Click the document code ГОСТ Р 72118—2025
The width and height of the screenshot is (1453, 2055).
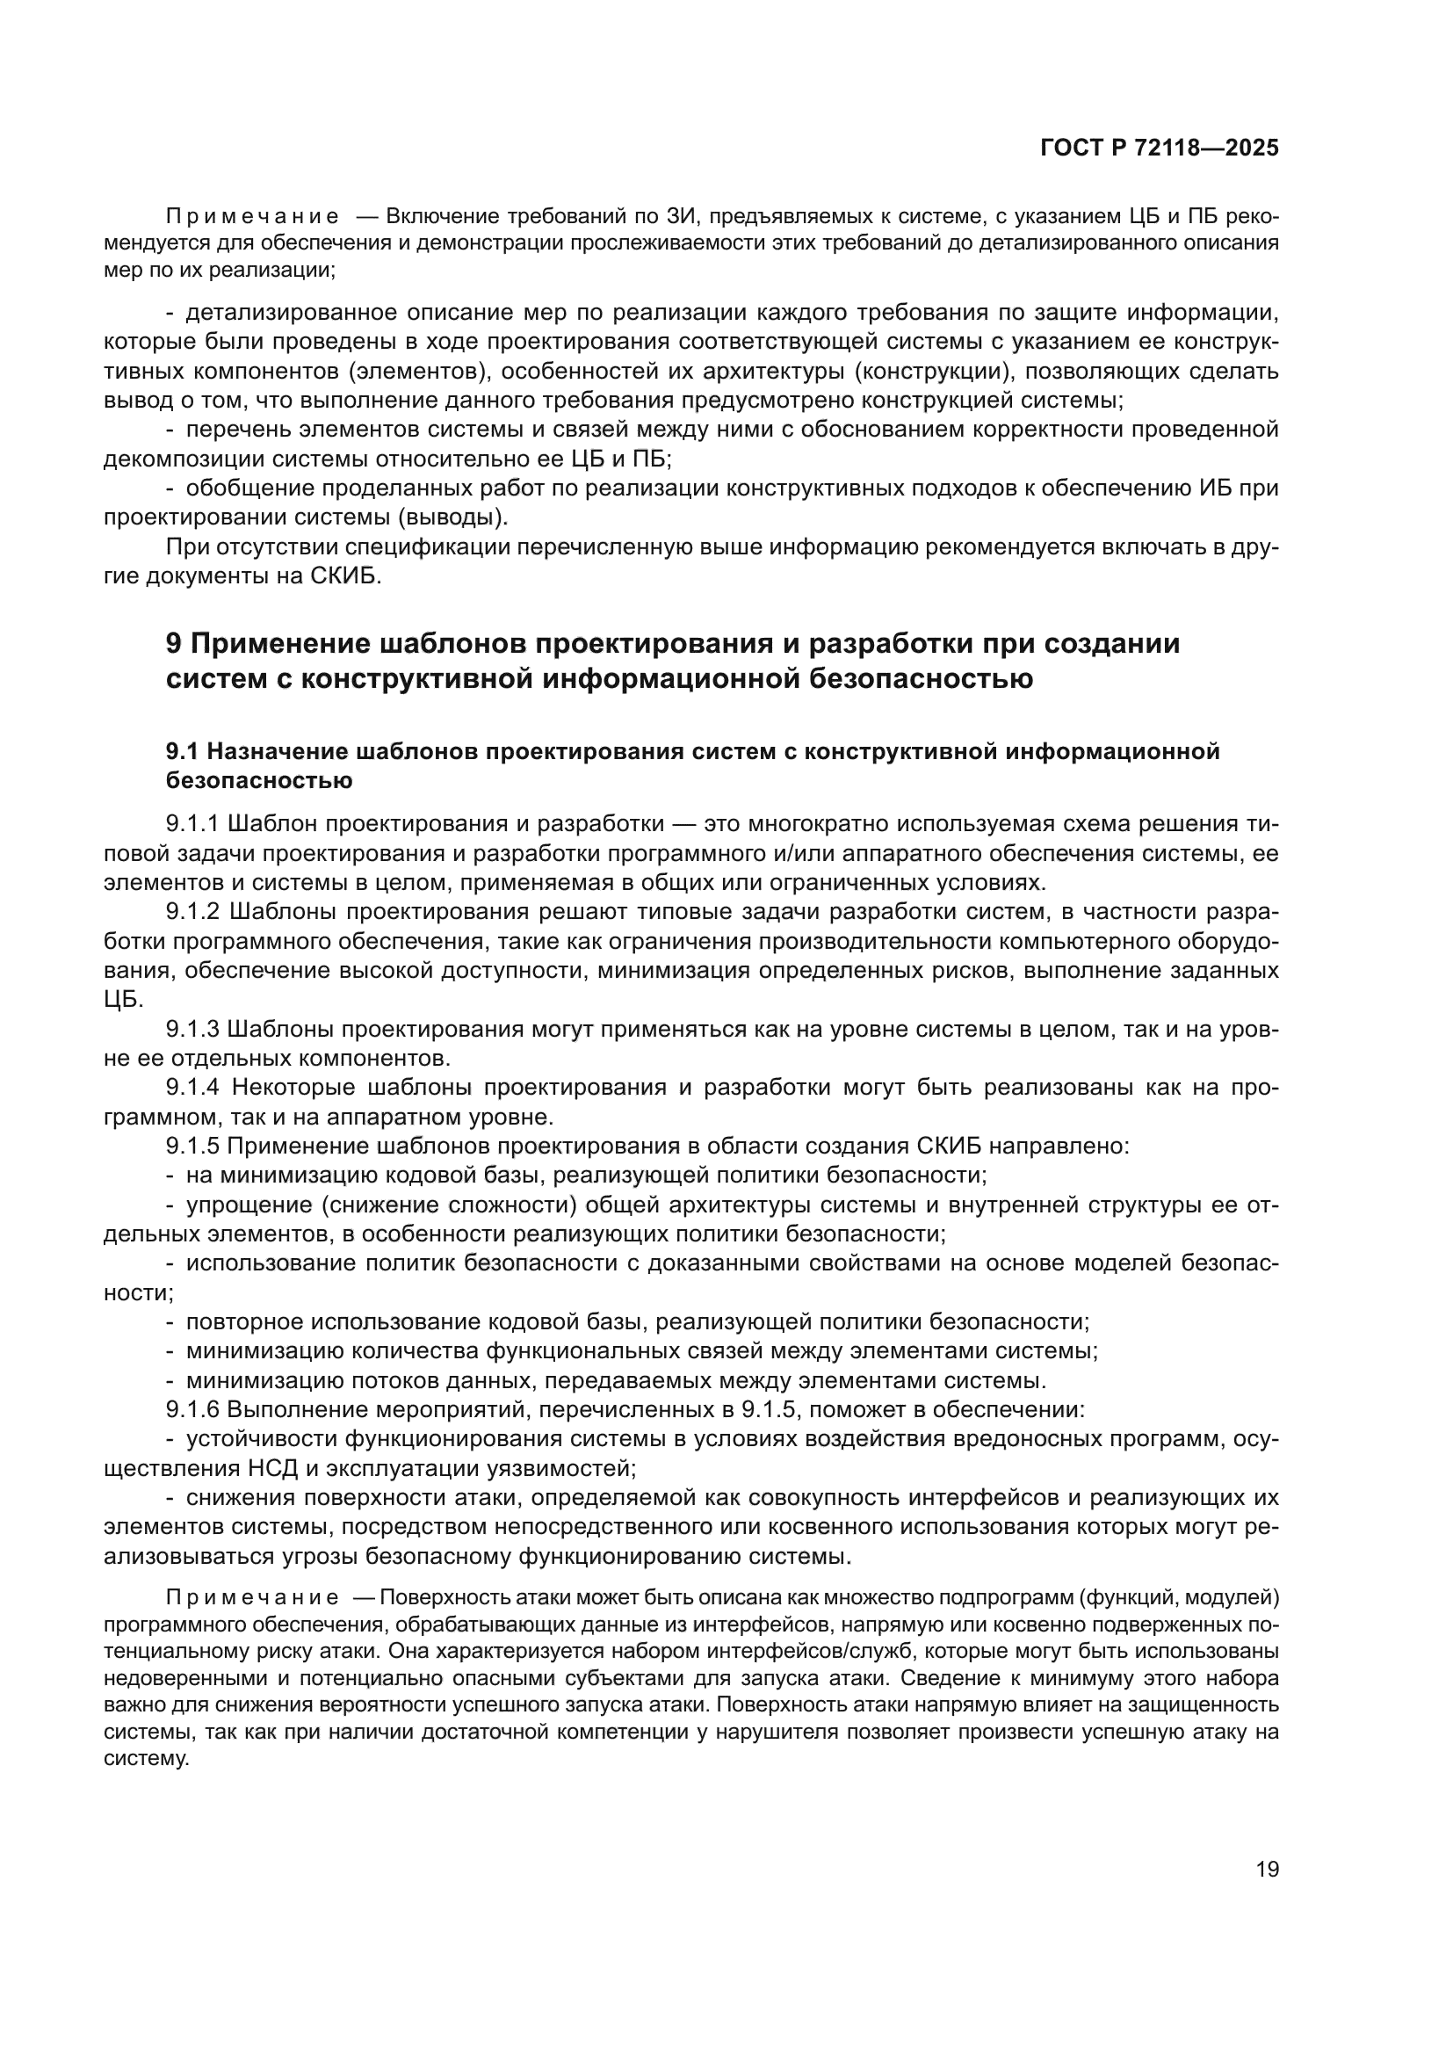[x=1160, y=148]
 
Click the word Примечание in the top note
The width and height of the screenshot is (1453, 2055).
[x=252, y=217]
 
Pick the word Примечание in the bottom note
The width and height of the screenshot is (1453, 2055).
[x=252, y=1597]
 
